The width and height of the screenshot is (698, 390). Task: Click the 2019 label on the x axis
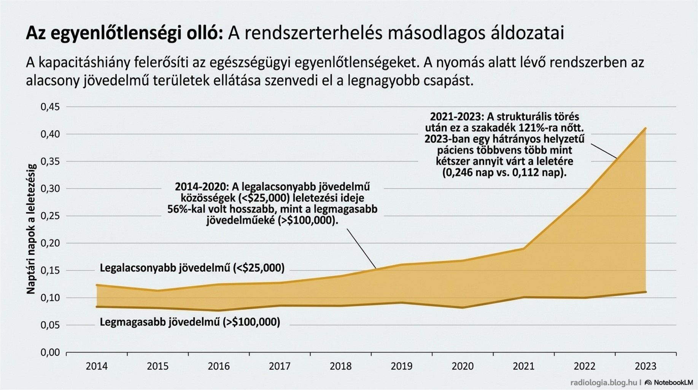click(401, 366)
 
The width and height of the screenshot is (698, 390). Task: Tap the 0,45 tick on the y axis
click(50, 107)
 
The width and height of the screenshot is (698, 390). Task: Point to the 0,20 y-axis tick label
click(50, 243)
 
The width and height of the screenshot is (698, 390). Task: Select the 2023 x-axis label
click(646, 366)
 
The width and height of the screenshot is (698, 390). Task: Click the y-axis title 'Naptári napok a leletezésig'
click(31, 229)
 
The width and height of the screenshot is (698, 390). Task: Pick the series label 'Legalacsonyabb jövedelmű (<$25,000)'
click(192, 268)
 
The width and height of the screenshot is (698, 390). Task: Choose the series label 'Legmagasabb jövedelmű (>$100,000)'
click(190, 322)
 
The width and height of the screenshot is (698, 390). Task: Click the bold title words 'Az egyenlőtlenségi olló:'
click(124, 34)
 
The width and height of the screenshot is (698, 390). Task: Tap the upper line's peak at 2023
click(646, 128)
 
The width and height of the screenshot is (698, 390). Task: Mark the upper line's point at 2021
click(524, 249)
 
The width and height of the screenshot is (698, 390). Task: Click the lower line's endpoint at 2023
click(646, 292)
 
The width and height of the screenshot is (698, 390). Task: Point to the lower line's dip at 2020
click(463, 307)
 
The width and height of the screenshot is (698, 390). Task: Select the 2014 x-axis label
click(97, 366)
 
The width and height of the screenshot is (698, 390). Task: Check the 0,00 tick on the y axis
click(50, 353)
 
